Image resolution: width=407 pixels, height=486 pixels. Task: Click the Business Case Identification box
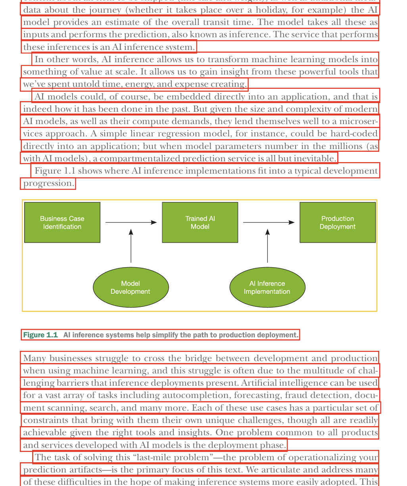tap(62, 222)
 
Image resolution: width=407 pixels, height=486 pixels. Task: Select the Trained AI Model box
tap(200, 222)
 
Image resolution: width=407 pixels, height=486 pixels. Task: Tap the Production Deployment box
tap(338, 222)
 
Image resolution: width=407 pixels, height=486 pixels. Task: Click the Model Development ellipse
tap(131, 287)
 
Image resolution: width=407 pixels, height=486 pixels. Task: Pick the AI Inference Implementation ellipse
tap(267, 287)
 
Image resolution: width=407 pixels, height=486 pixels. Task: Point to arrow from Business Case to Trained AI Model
tap(131, 222)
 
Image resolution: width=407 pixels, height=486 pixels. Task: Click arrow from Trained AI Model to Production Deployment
tap(269, 222)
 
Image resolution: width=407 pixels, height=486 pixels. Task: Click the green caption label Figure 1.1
tap(40, 335)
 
